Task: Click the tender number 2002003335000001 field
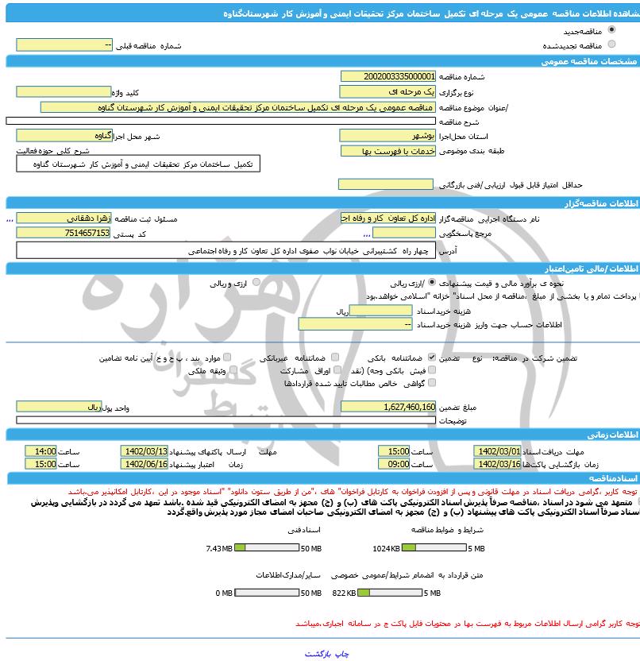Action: click(x=387, y=76)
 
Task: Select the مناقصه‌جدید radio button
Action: click(x=611, y=30)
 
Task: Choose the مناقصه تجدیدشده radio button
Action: click(x=611, y=44)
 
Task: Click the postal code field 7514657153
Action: click(x=64, y=232)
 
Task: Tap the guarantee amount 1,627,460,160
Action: click(x=387, y=406)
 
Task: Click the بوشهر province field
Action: click(x=387, y=136)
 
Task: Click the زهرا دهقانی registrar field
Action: click(x=64, y=218)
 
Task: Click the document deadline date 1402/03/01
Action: click(x=497, y=450)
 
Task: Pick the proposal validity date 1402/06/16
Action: click(x=145, y=463)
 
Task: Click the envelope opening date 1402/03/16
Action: click(x=497, y=463)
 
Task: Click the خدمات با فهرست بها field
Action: click(x=387, y=150)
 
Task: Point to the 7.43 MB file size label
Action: click(x=218, y=548)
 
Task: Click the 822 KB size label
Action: click(x=345, y=593)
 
